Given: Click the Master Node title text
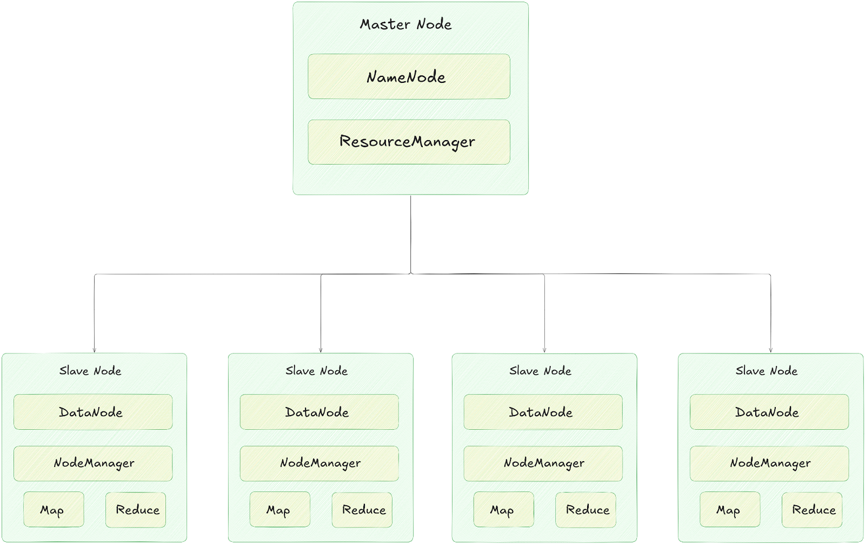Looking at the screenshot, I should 406,24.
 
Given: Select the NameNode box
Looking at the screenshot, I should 409,76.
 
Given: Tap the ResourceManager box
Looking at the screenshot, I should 409,142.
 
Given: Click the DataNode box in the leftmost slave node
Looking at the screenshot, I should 93,412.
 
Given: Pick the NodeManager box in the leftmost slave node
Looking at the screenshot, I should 93,463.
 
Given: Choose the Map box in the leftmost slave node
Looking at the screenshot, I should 54,509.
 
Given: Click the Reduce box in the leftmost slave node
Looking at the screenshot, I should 136,509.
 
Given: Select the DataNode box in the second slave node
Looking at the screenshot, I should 319,412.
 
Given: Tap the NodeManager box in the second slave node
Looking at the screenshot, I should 319,463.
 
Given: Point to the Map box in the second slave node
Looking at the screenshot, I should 280,509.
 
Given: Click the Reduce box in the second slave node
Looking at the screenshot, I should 362,509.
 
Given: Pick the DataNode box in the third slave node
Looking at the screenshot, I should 543,412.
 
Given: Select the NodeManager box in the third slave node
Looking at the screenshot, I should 543,463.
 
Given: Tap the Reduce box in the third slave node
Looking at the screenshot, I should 585,509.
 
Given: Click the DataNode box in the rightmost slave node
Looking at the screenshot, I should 769,412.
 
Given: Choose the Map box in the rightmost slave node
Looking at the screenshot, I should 730,509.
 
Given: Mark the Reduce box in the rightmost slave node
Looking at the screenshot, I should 812,509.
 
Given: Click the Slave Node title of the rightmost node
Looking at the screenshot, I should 767,371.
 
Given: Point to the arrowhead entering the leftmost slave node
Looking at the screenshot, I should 95,350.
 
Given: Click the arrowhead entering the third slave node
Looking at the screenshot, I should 544,350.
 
